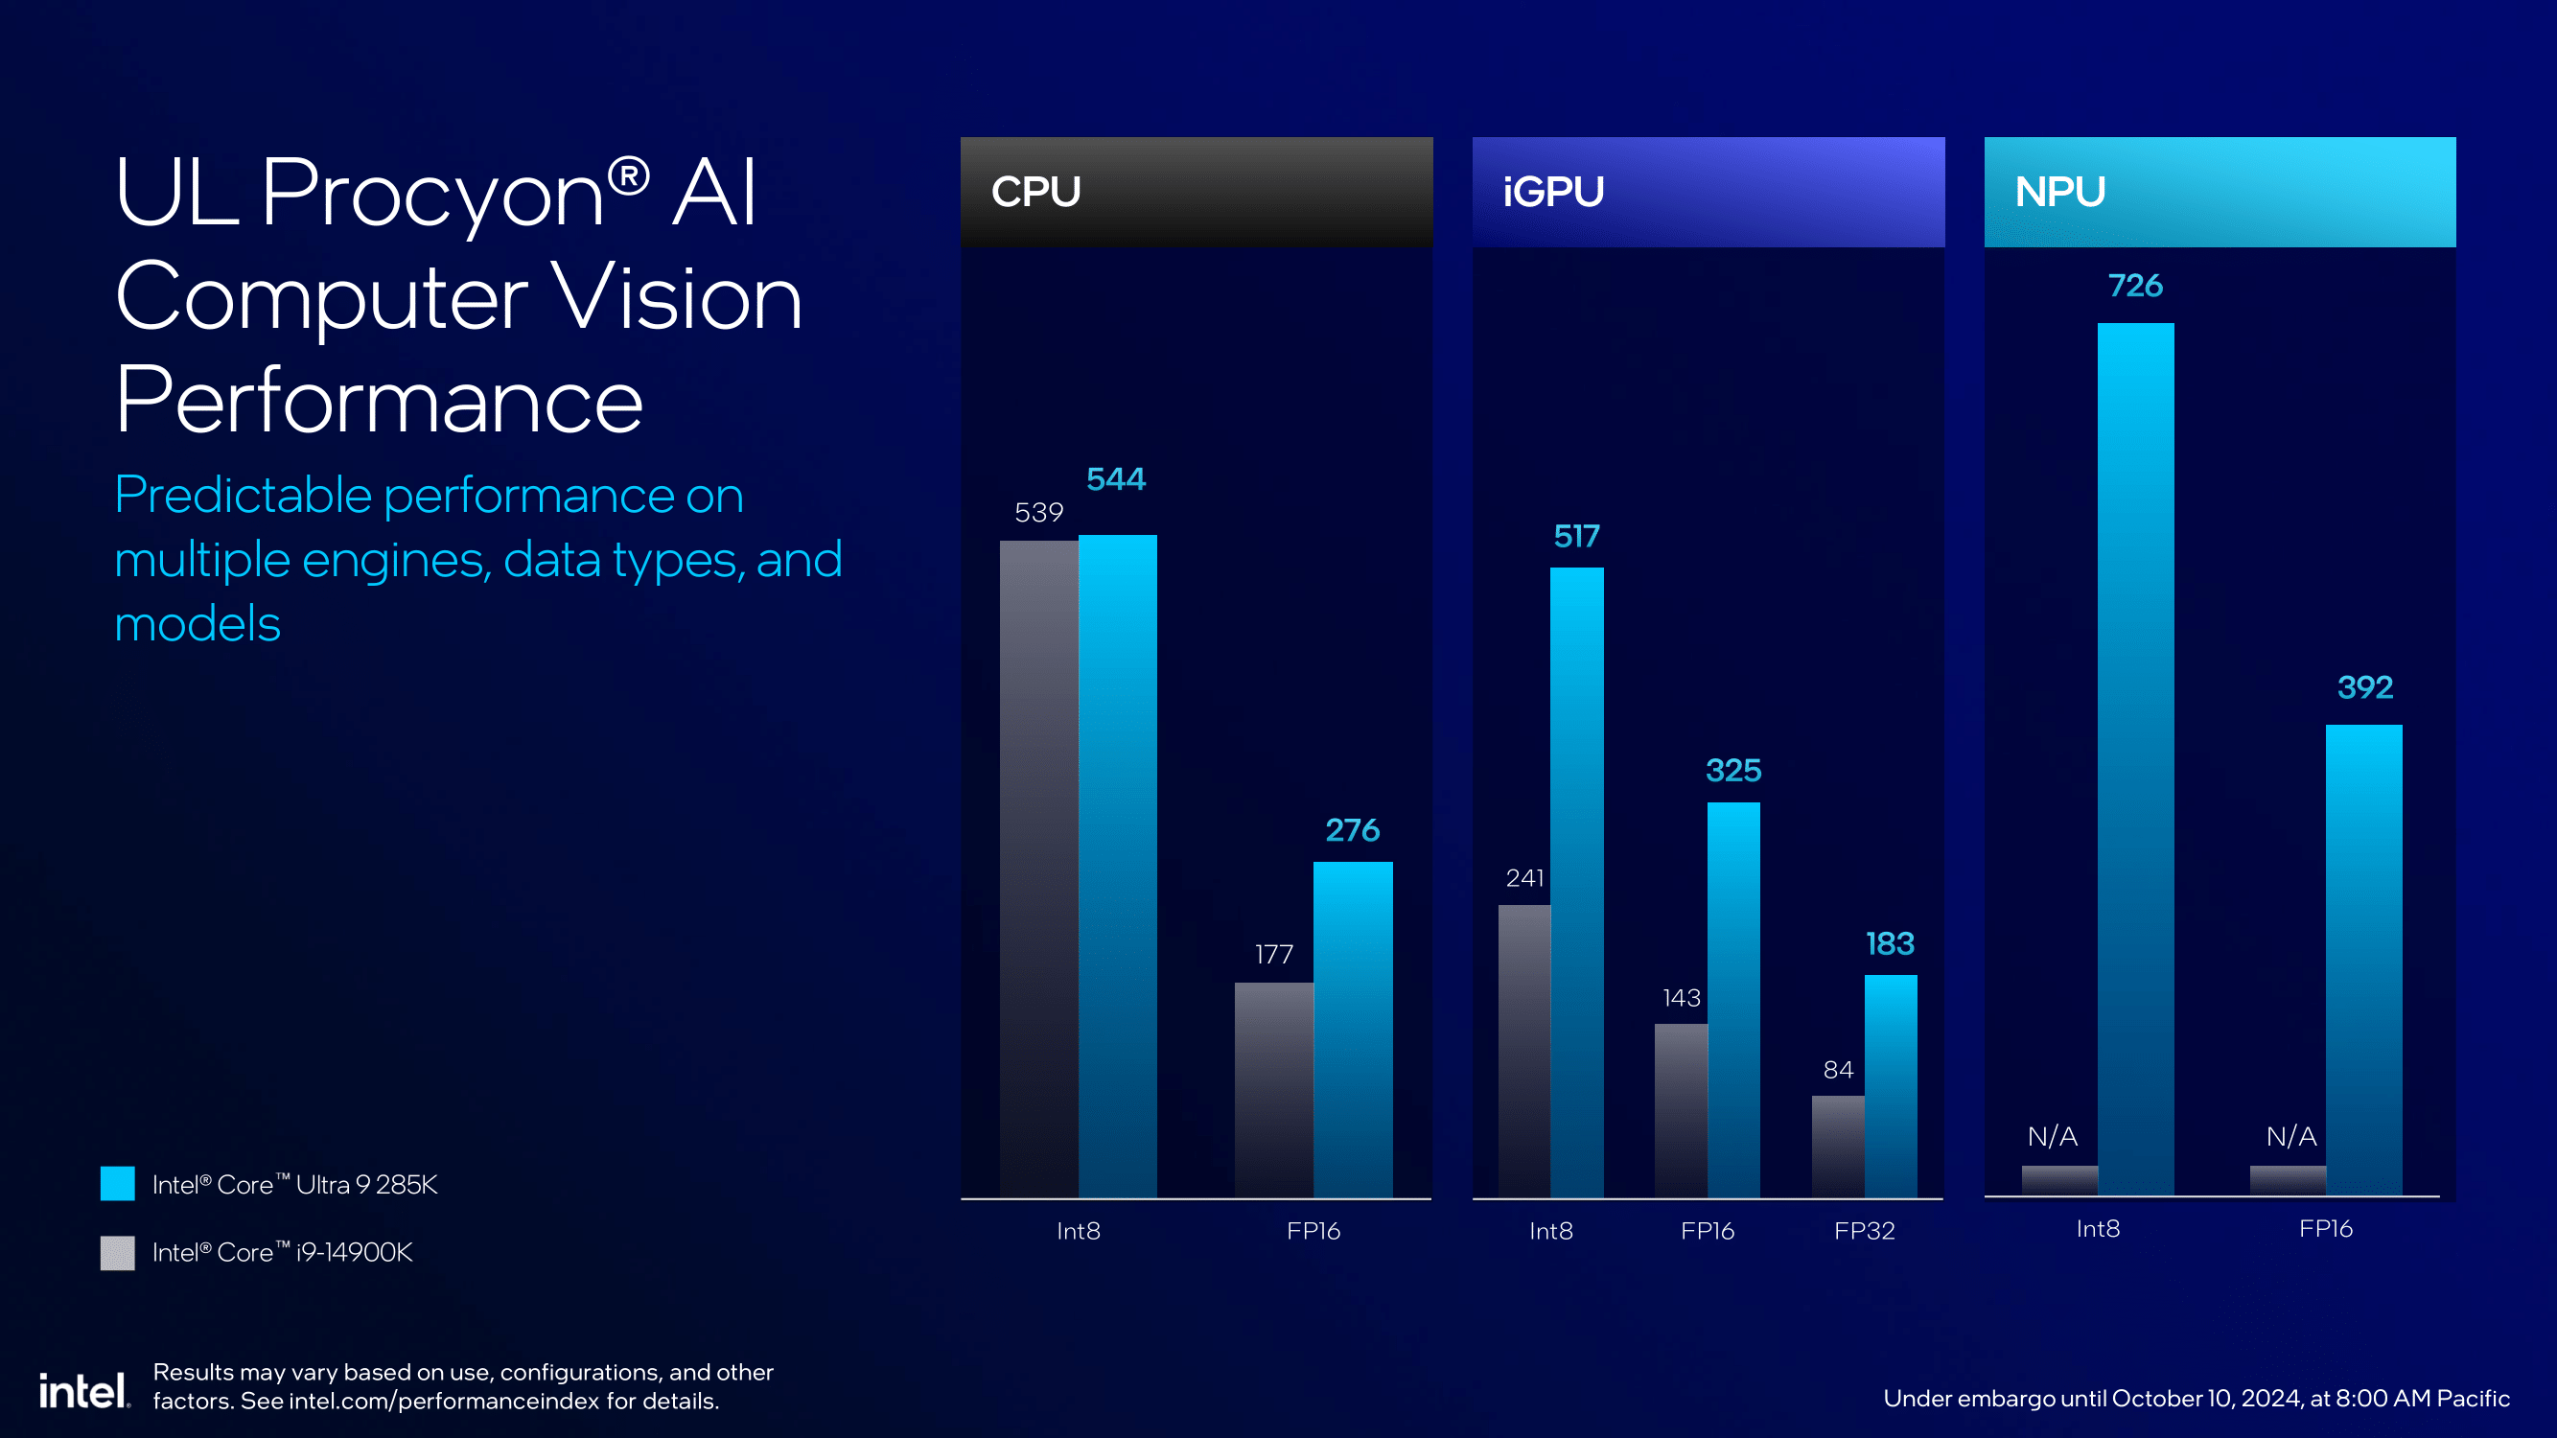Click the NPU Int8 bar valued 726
point(2135,759)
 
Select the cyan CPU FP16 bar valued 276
point(1352,1029)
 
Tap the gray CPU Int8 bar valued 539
point(1038,869)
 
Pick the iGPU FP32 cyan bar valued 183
point(1890,1086)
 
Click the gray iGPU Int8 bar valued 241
point(1523,1050)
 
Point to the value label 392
point(2364,686)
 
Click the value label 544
point(1116,479)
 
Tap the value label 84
point(1837,1070)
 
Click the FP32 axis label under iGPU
point(1864,1231)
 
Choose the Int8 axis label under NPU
point(2098,1229)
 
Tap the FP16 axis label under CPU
point(1313,1231)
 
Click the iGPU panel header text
point(1552,192)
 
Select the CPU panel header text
point(1035,192)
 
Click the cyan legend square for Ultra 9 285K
point(117,1183)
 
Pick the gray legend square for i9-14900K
point(117,1251)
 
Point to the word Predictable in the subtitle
point(244,495)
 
